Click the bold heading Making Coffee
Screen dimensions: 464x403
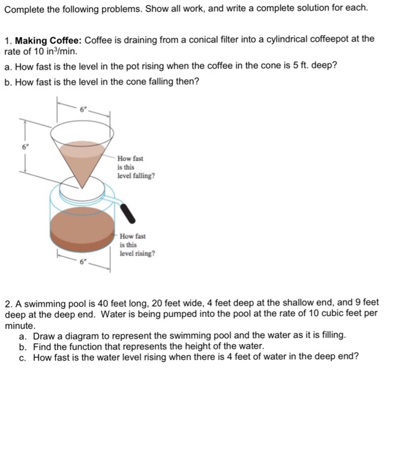point(43,39)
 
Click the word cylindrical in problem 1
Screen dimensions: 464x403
point(276,39)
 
